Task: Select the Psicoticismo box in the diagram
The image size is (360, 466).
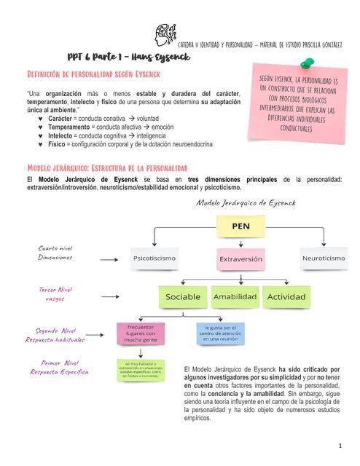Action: (154, 258)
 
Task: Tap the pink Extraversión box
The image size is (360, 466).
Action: (240, 258)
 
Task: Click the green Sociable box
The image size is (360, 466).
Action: (182, 297)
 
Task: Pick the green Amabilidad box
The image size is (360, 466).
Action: (235, 297)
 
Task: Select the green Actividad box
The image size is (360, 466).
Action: (286, 297)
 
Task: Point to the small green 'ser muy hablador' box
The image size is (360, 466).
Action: (143, 369)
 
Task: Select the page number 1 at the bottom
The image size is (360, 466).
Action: (340, 444)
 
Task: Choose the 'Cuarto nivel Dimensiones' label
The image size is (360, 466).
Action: (55, 253)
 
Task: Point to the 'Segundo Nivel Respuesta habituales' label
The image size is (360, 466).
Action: (55, 335)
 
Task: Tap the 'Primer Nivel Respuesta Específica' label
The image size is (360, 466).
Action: (55, 367)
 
